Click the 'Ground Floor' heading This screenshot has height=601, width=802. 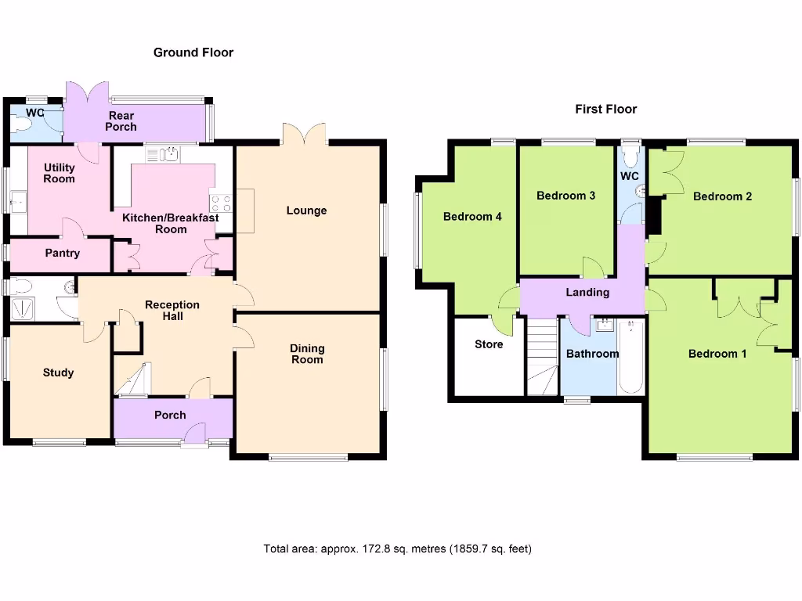point(193,52)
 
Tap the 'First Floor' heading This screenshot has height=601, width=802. point(605,109)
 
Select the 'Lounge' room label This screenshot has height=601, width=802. point(306,211)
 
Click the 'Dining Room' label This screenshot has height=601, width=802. point(307,354)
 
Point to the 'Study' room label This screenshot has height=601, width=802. point(58,372)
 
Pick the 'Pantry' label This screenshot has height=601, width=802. point(62,253)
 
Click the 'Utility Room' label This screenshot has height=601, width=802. point(60,173)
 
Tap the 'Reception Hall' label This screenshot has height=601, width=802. point(172,310)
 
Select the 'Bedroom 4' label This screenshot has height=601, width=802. point(472,217)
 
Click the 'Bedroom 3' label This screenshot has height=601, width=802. point(565,196)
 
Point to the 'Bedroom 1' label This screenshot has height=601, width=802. point(717,354)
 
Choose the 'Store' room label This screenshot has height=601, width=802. point(489,344)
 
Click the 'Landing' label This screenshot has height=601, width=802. point(587,292)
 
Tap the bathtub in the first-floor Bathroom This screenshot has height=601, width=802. point(630,356)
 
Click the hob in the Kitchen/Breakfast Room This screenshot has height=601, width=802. point(221,203)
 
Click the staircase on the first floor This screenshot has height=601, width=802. point(540,357)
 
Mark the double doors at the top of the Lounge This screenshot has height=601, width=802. point(304,133)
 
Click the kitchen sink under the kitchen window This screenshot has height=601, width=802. point(168,154)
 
